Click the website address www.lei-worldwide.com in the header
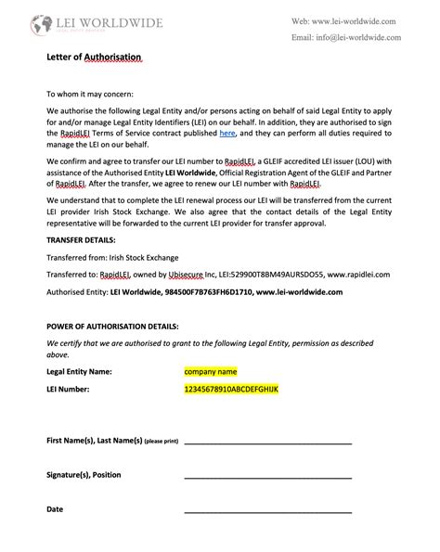click(356, 20)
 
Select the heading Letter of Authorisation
click(94, 58)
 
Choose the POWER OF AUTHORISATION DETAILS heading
click(112, 327)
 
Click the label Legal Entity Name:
click(79, 372)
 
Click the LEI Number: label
click(68, 389)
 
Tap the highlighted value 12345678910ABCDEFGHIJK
click(232, 389)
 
